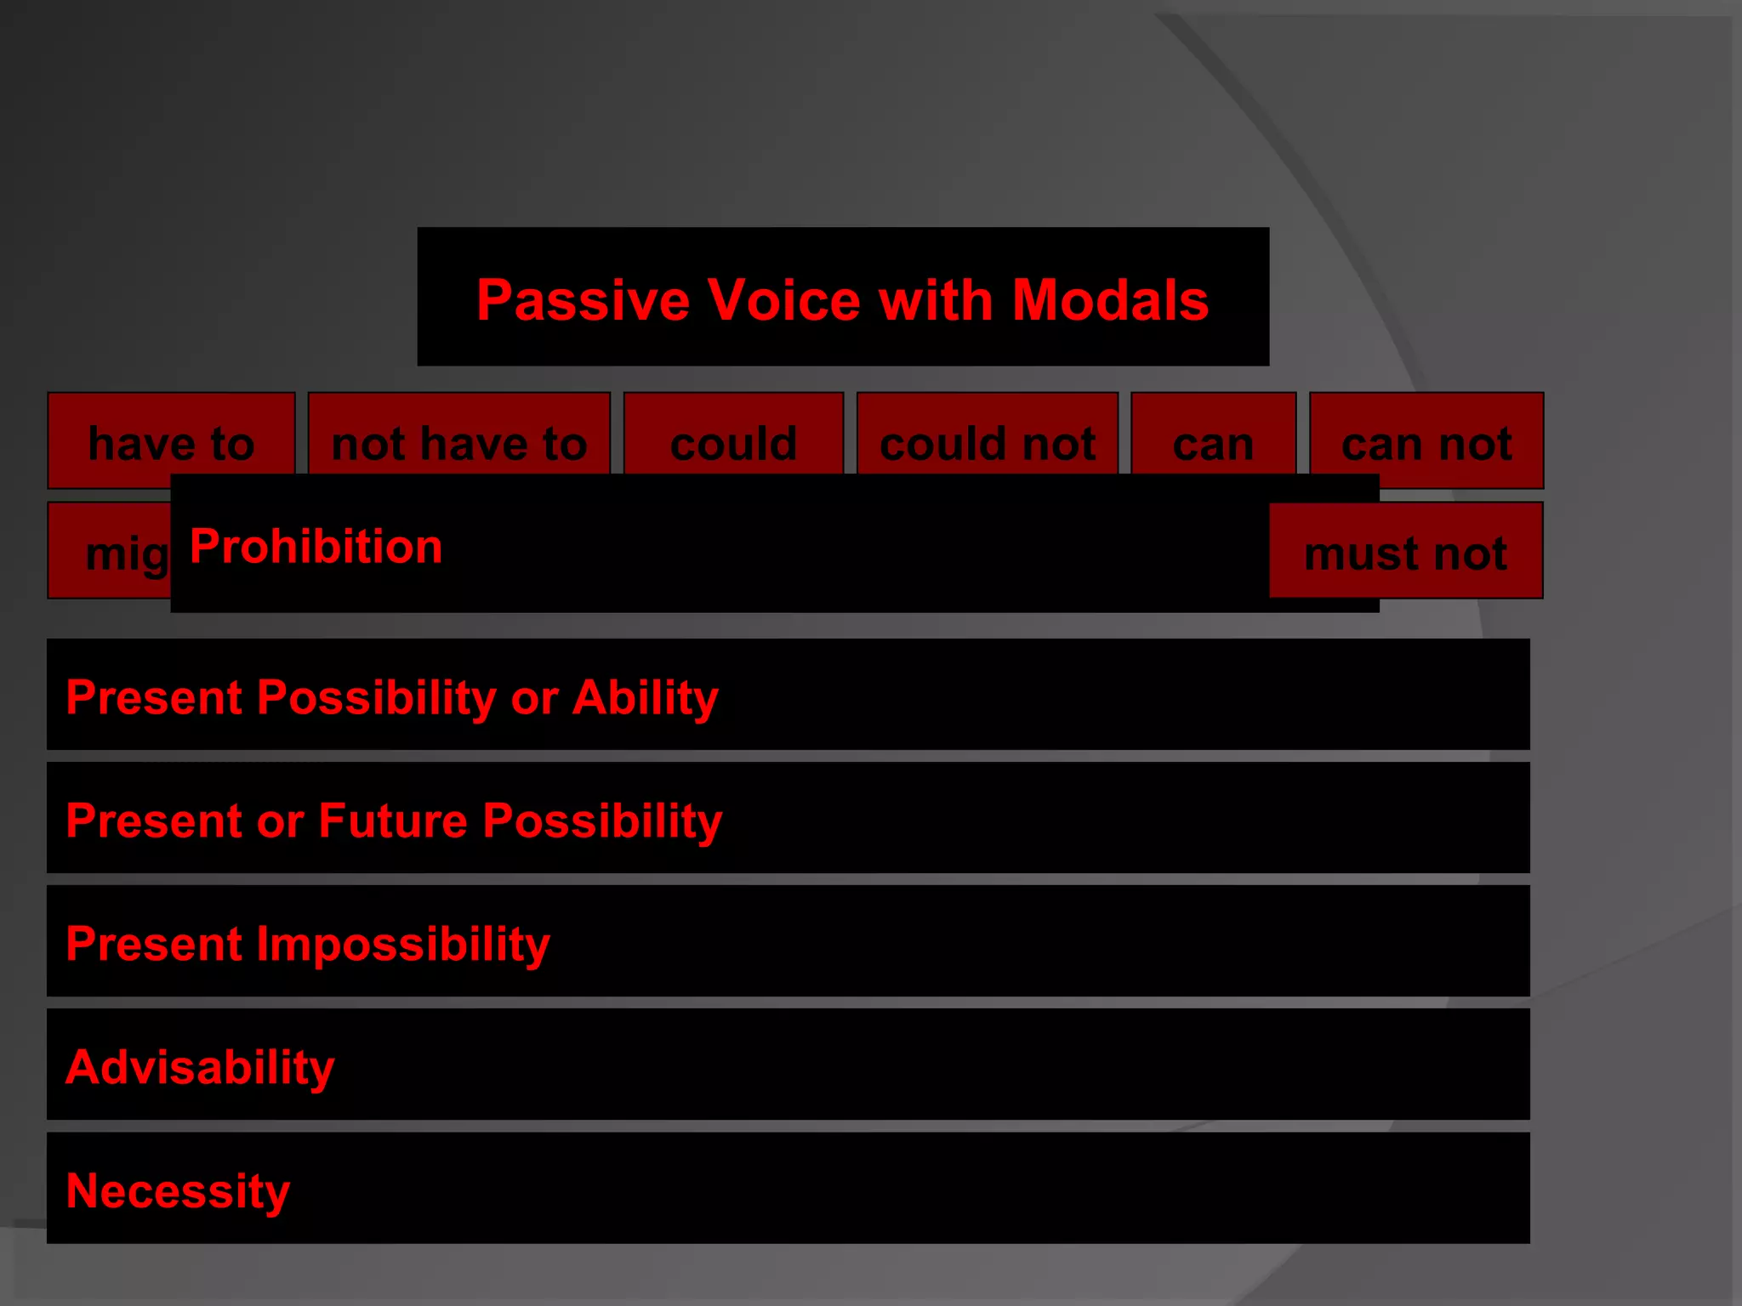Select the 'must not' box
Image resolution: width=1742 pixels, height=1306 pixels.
point(1405,554)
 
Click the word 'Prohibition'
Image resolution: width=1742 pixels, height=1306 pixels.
point(316,546)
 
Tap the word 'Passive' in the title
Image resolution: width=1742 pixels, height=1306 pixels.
point(583,301)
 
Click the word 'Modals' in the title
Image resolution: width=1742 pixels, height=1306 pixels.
point(1110,301)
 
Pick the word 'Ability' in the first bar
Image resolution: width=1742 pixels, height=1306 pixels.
point(645,698)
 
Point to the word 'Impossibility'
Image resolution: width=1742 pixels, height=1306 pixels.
point(402,945)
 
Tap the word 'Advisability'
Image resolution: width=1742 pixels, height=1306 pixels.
point(200,1068)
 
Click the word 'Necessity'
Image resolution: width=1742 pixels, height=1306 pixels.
point(178,1191)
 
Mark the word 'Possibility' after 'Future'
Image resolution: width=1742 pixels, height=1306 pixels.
point(602,821)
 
